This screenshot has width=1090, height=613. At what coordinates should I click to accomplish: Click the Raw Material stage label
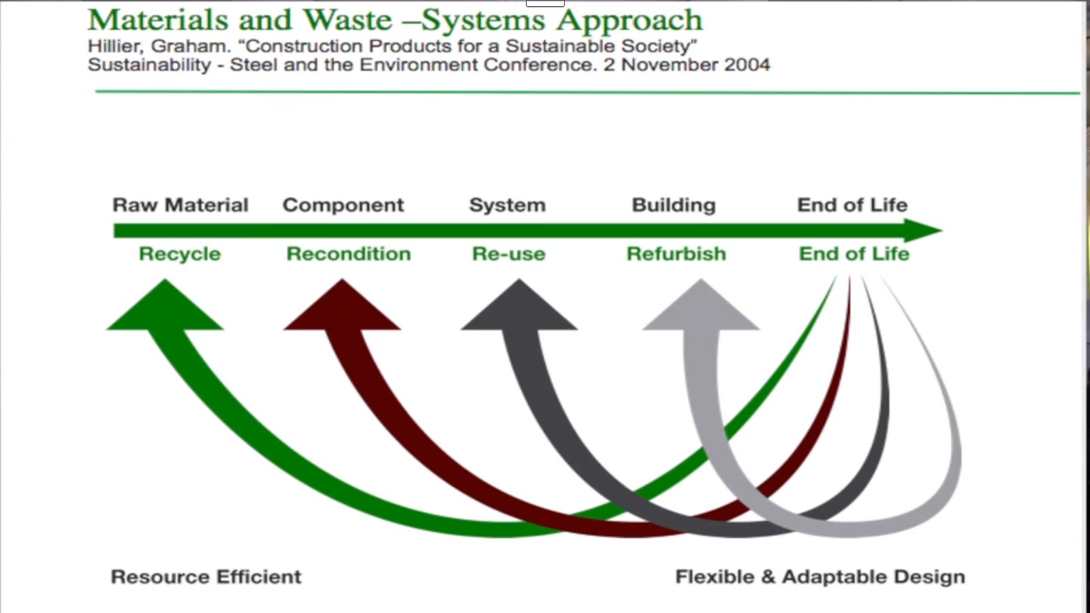point(181,205)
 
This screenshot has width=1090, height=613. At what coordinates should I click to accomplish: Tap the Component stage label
point(343,206)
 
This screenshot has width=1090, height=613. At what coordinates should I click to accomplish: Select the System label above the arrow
point(507,206)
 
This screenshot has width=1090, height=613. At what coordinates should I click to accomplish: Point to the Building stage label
point(674,206)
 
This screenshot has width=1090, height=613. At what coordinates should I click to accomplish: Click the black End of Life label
point(852,205)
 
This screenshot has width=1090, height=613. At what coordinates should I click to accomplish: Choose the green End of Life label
point(854,253)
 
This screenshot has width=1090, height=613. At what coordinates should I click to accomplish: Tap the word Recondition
point(348,253)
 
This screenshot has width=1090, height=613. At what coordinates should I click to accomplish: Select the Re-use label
point(508,253)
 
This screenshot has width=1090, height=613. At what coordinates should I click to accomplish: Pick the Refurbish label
point(676,253)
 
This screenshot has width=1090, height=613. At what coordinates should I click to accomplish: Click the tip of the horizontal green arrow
point(943,230)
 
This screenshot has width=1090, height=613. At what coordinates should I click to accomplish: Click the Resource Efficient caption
point(206,576)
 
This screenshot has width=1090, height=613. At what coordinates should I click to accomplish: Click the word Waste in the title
point(347,20)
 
